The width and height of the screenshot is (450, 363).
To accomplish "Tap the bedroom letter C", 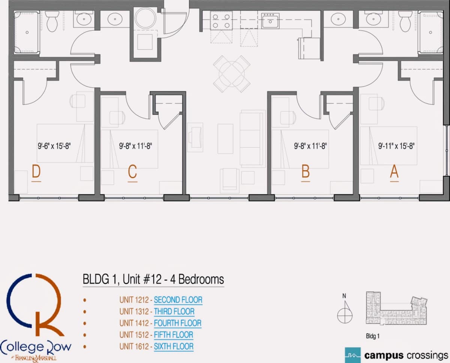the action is pyautogui.click(x=132, y=171).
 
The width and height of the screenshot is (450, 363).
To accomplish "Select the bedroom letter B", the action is pyautogui.click(x=306, y=171).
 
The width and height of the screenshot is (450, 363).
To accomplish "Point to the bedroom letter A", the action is pyautogui.click(x=394, y=171).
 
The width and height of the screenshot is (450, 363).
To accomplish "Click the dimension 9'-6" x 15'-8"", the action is pyautogui.click(x=54, y=146).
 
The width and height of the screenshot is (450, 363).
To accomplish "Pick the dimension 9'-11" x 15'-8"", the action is pyautogui.click(x=396, y=146).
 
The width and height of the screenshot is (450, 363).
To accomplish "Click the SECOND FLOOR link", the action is pyautogui.click(x=178, y=300).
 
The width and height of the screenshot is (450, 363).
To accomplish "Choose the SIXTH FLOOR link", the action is pyautogui.click(x=174, y=346).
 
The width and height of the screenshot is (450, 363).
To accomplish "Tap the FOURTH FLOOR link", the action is pyautogui.click(x=178, y=323).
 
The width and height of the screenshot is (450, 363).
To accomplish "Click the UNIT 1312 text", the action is pyautogui.click(x=134, y=312).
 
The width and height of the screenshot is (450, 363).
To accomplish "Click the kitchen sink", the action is pyautogui.click(x=270, y=21).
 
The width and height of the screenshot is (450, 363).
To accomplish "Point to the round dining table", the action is pyautogui.click(x=232, y=74).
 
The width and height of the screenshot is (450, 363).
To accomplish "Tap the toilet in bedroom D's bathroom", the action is pyautogui.click(x=52, y=21).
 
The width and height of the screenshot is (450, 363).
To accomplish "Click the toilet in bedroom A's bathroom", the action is pyautogui.click(x=405, y=21).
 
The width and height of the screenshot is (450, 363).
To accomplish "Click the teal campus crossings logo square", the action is pyautogui.click(x=353, y=355).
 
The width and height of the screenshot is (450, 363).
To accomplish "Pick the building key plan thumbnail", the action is pyautogui.click(x=396, y=308).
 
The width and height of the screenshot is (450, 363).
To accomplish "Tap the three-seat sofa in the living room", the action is pyautogui.click(x=251, y=139).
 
